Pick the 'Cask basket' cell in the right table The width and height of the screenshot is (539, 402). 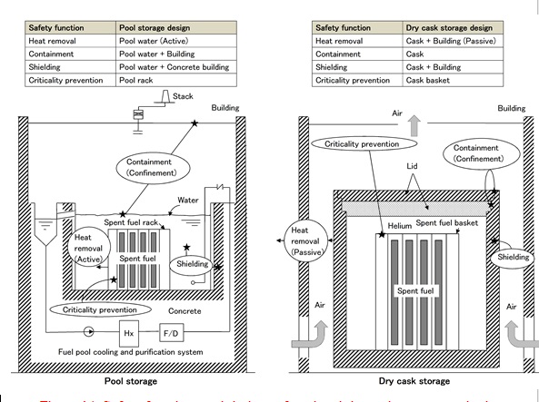coord(451,80)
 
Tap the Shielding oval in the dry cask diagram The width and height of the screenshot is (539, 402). coord(514,258)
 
